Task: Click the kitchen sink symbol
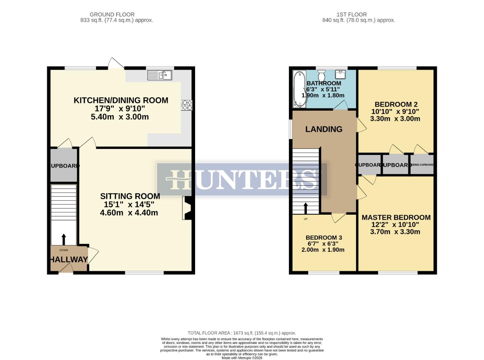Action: [x=160, y=75]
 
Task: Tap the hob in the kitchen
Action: [x=186, y=105]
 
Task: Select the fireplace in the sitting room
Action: [x=187, y=208]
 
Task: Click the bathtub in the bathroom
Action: [x=299, y=89]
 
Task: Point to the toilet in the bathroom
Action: [x=322, y=75]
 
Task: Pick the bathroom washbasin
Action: [x=341, y=74]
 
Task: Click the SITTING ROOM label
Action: [x=130, y=196]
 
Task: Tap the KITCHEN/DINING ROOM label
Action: [x=121, y=100]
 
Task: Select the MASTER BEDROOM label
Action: [x=396, y=217]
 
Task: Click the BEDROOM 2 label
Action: [x=396, y=104]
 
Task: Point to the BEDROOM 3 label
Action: [x=324, y=238]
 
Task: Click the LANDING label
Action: [x=324, y=129]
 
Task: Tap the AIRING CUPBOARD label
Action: [x=422, y=165]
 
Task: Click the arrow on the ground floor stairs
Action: [x=64, y=239]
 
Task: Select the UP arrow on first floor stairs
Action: [x=306, y=208]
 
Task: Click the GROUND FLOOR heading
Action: [x=112, y=15]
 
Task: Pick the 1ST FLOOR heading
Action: [x=352, y=15]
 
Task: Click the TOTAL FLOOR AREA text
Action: [x=242, y=333]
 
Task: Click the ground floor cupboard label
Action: [x=64, y=166]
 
